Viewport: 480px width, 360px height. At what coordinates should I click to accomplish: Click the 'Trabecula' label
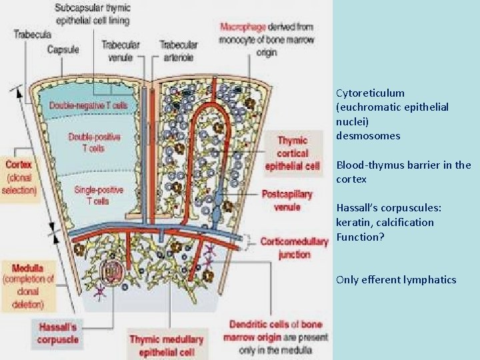pyautogui.click(x=29, y=33)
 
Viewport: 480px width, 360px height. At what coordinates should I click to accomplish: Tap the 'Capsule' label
pyautogui.click(x=63, y=49)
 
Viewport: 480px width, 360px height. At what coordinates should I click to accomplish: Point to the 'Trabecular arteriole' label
pyautogui.click(x=179, y=50)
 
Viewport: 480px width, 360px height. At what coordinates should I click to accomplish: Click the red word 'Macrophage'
pyautogui.click(x=243, y=27)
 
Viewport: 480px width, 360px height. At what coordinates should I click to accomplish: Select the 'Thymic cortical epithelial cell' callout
pyautogui.click(x=293, y=153)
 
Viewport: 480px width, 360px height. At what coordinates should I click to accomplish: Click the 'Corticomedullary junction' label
pyautogui.click(x=295, y=247)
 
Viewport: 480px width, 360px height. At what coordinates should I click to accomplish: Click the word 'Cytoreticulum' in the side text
pyautogui.click(x=371, y=93)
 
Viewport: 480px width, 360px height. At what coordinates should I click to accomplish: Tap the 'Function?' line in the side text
pyautogui.click(x=361, y=237)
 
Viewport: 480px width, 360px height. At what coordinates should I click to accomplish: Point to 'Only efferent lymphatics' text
pyautogui.click(x=397, y=280)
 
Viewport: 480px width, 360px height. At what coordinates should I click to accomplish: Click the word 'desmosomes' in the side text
pyautogui.click(x=369, y=136)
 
